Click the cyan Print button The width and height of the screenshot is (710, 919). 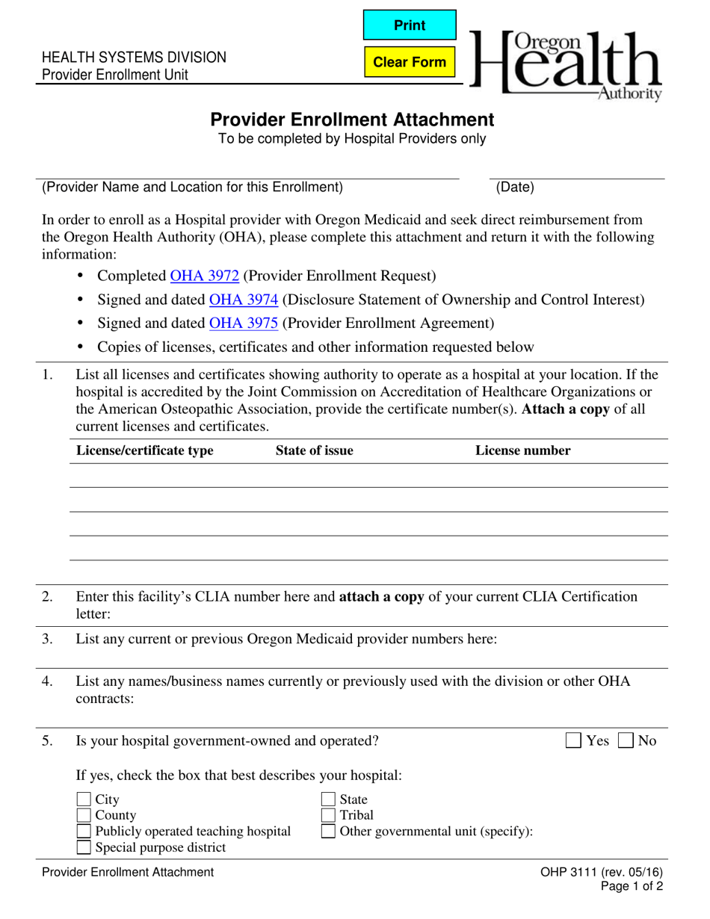click(410, 25)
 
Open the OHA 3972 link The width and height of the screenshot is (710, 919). click(205, 276)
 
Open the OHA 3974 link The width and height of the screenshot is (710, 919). click(244, 300)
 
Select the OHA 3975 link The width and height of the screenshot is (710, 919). click(244, 324)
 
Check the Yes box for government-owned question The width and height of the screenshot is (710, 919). click(573, 740)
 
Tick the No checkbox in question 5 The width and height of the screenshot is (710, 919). click(626, 740)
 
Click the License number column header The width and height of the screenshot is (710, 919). click(522, 451)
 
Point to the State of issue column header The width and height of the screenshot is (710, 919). click(314, 451)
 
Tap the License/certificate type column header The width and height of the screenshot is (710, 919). click(145, 451)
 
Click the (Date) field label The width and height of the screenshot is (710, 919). click(515, 188)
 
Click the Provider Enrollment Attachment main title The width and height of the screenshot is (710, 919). click(351, 120)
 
